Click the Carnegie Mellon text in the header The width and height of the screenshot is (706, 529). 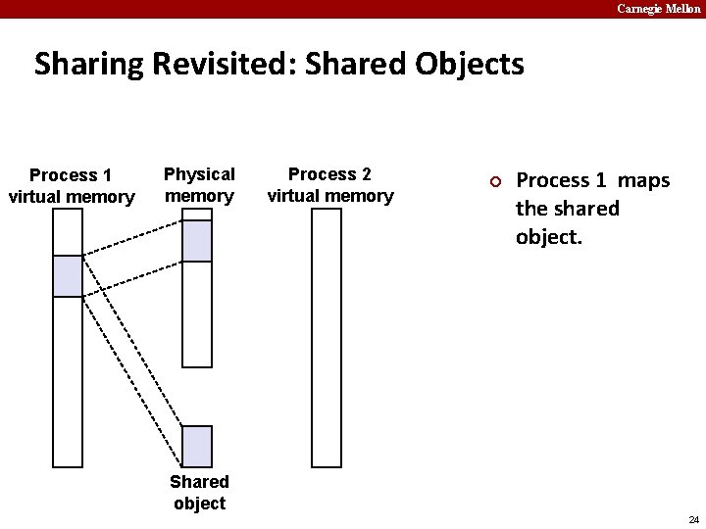click(x=658, y=9)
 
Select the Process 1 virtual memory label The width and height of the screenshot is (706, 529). click(x=71, y=186)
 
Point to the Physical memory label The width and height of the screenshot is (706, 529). click(x=199, y=185)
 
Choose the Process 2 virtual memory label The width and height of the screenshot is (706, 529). click(x=329, y=185)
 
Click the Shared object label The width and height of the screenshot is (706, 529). click(x=199, y=492)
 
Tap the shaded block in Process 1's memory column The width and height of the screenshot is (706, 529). click(x=68, y=275)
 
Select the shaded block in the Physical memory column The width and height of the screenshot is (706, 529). click(x=197, y=241)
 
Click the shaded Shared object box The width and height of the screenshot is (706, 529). click(x=197, y=446)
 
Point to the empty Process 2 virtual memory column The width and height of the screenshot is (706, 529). click(x=327, y=337)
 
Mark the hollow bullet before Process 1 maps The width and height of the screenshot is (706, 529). click(x=496, y=181)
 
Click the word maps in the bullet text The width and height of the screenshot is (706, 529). click(x=643, y=180)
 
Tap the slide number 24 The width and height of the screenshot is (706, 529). click(x=693, y=519)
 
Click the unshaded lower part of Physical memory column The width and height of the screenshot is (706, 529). click(x=197, y=313)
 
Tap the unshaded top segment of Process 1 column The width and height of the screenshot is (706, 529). click(x=68, y=232)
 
